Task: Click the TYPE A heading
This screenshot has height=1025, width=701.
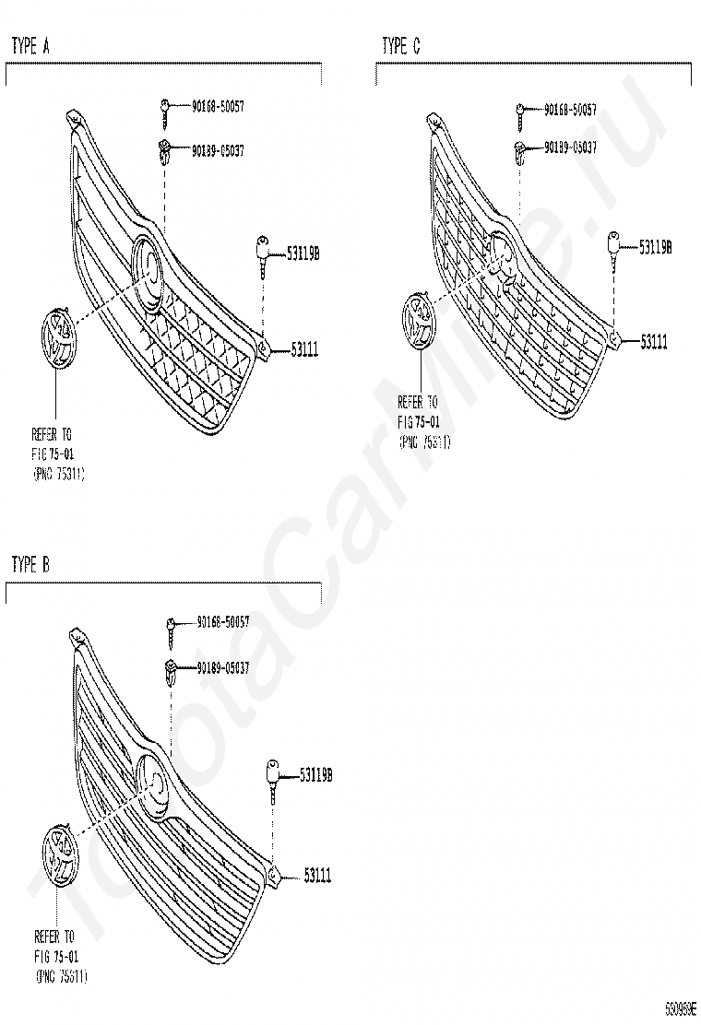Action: click(30, 46)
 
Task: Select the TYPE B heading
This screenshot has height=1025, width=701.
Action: click(30, 565)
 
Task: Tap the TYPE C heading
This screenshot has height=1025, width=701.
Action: click(401, 46)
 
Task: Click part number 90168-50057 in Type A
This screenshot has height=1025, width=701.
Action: click(218, 107)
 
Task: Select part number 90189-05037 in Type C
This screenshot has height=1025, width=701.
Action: click(569, 147)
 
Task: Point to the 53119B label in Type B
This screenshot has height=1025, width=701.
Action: click(315, 775)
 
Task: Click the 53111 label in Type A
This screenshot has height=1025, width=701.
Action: click(304, 349)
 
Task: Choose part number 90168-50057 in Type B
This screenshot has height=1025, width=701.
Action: click(222, 623)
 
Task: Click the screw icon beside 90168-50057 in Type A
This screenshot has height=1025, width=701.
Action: click(164, 108)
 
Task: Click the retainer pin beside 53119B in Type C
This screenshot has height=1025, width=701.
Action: click(613, 248)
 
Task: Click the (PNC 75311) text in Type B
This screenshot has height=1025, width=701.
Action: click(62, 975)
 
